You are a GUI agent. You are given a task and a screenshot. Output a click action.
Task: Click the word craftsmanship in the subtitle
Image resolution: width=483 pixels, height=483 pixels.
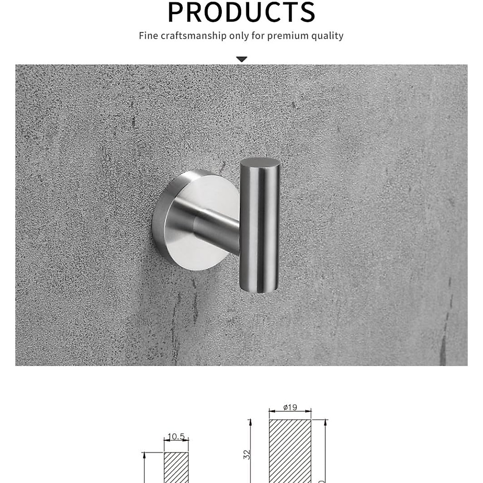(x=194, y=36)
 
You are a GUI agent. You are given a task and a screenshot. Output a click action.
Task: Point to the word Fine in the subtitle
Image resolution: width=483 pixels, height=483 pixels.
(x=148, y=35)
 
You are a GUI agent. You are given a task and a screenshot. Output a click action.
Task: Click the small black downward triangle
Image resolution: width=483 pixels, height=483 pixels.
(x=242, y=60)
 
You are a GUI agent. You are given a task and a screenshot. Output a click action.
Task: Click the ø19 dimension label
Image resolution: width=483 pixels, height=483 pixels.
(x=290, y=407)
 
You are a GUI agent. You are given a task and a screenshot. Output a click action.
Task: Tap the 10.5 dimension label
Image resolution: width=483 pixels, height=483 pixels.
(x=176, y=437)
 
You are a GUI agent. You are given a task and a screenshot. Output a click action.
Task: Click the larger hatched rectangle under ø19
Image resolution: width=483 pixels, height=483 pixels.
(x=290, y=451)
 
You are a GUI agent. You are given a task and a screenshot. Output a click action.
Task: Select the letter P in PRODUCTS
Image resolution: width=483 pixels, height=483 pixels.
(x=177, y=12)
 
